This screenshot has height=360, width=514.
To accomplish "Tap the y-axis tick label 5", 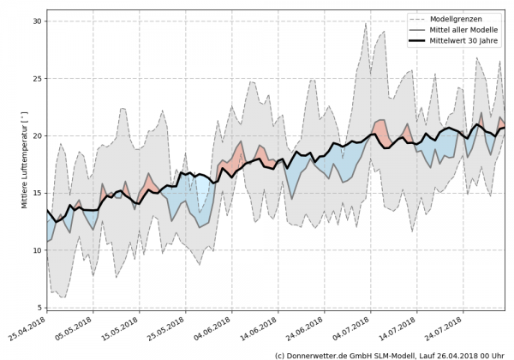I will [39, 308].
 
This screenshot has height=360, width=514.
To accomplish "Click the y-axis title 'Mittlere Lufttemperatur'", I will [15, 159].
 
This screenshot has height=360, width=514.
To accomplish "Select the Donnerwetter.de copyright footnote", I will [389, 354].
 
